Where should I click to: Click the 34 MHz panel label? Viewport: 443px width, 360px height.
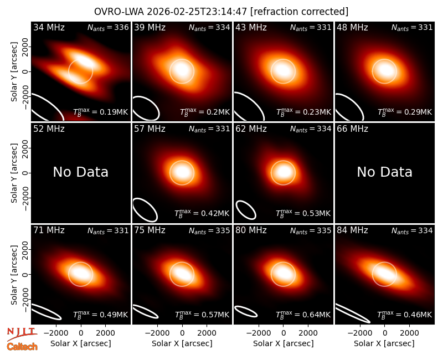pos(49,27)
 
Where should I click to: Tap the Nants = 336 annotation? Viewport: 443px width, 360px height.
pos(108,27)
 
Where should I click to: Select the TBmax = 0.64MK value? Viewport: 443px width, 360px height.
pos(303,314)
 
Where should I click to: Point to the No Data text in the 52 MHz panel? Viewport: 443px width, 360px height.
pos(80,172)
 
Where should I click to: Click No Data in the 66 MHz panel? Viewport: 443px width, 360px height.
pos(384,172)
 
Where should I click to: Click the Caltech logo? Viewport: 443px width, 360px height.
pos(22,347)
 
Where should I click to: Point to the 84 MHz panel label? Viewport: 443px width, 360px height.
pos(352,230)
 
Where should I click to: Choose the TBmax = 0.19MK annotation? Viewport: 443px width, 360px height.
pos(101,112)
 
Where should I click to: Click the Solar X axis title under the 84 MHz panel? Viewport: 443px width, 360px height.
pos(384,343)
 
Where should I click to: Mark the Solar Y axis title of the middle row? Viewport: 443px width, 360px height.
pos(14,173)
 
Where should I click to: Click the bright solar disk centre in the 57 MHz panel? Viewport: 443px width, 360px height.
pos(182,173)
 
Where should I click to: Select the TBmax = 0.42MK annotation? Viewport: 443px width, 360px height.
pos(202,213)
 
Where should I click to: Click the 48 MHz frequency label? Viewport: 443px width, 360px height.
pos(352,27)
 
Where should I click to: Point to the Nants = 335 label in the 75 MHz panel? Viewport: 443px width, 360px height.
pos(209,230)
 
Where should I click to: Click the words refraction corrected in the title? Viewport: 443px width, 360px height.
pos(300,12)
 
